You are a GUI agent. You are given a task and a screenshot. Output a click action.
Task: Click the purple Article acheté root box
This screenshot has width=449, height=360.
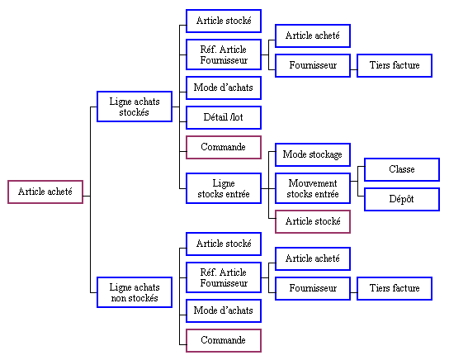45,192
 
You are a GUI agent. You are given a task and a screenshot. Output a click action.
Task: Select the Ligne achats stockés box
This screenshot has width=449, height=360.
135,107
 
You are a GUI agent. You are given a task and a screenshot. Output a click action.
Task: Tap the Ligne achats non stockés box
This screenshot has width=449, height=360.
135,292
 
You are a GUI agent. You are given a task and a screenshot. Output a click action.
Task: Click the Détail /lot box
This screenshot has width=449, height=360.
224,117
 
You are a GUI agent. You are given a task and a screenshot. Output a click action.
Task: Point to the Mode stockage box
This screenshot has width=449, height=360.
313,154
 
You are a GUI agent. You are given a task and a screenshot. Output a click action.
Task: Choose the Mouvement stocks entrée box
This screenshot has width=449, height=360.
313,188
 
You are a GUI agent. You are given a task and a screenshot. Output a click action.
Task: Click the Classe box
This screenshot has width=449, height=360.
402,169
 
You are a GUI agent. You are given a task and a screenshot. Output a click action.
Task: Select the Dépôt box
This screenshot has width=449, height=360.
402,199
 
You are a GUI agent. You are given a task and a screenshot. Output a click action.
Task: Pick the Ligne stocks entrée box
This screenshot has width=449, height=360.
224,188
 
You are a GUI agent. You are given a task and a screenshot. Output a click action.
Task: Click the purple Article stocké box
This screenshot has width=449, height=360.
313,221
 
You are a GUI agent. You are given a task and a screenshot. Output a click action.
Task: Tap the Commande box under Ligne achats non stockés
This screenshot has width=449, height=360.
224,340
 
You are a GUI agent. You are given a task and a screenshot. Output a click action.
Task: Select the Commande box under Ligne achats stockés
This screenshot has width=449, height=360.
224,147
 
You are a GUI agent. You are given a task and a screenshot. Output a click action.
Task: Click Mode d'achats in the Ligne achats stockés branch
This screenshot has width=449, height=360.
224,88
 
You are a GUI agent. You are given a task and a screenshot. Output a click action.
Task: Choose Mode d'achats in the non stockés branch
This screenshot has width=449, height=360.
224,310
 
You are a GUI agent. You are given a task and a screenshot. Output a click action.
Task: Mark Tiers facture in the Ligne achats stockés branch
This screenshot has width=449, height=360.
395,65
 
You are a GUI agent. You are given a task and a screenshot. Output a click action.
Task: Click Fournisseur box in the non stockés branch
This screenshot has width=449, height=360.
313,288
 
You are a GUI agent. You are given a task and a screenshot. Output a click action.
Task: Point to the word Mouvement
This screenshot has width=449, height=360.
313,183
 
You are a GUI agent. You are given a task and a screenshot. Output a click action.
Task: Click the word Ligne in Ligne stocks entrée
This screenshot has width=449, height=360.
224,183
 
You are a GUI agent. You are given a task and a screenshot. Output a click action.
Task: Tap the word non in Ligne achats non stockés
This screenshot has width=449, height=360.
117,299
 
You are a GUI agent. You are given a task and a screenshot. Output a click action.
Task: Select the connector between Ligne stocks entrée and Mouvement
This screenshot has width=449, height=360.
268,188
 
